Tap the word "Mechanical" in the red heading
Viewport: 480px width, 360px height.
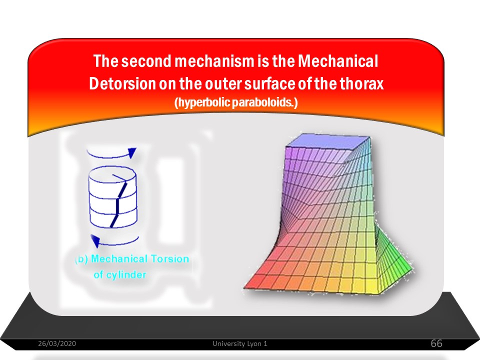[x=338, y=61]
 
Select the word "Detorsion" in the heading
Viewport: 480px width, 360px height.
[x=122, y=83]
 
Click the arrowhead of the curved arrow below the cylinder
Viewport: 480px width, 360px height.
[x=95, y=241]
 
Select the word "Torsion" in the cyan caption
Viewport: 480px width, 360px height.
[x=170, y=259]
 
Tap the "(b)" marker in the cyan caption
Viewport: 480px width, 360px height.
[x=81, y=259]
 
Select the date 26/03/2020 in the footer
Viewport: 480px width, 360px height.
[x=57, y=343]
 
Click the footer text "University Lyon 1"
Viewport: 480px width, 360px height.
[x=240, y=343]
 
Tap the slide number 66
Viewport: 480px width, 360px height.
[x=436, y=343]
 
